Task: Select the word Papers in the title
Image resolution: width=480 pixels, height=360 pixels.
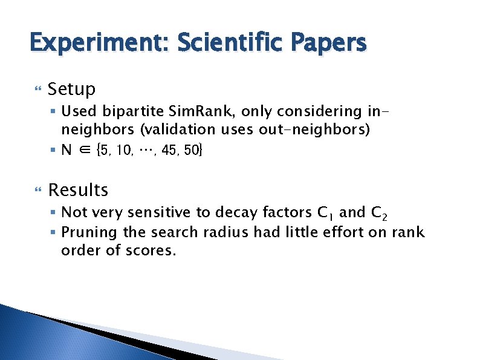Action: pyautogui.click(x=329, y=44)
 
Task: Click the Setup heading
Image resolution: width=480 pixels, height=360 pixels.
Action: pyautogui.click(x=71, y=90)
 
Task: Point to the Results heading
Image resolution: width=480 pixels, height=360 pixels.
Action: pyautogui.click(x=78, y=190)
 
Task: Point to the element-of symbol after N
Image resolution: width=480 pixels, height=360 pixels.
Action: pyautogui.click(x=84, y=149)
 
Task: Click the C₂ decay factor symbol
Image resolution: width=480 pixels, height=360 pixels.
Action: pyautogui.click(x=380, y=214)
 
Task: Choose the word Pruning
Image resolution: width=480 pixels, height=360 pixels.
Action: pyautogui.click(x=89, y=232)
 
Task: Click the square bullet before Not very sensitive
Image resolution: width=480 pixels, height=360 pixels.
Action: pyautogui.click(x=54, y=212)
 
